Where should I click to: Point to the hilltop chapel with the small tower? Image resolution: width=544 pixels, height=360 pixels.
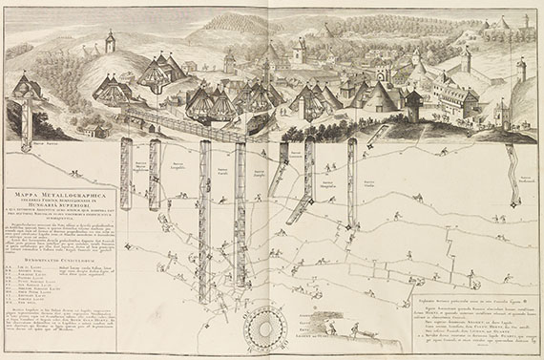[111, 42]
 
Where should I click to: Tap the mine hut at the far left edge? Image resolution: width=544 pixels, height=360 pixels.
[27, 88]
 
